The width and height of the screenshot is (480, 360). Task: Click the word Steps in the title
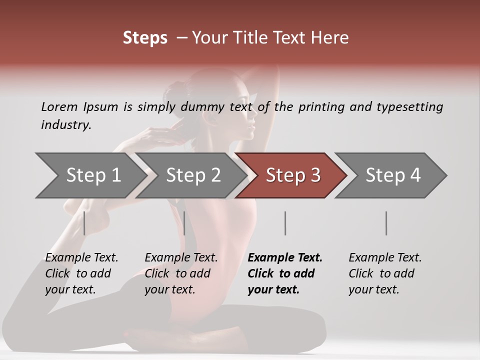pos(145,38)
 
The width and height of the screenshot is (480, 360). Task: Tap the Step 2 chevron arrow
pos(192,175)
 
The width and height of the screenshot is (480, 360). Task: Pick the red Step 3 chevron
pos(292,175)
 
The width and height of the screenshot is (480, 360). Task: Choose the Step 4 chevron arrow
pos(392,175)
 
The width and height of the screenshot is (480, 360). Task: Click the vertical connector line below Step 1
pos(84,223)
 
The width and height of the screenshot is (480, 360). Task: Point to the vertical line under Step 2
pos(184,223)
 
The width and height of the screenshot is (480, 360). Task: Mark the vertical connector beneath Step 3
pos(285,223)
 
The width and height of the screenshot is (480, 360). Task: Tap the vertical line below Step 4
pos(386,223)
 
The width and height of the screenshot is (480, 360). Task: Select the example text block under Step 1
pos(81,273)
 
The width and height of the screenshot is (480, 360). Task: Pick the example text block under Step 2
pos(181,273)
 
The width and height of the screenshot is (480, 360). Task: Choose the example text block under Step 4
pos(385,273)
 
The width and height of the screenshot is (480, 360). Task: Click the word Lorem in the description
pos(59,107)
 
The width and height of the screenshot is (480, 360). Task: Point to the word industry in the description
pos(66,125)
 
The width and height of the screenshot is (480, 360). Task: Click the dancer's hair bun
pos(181,91)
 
